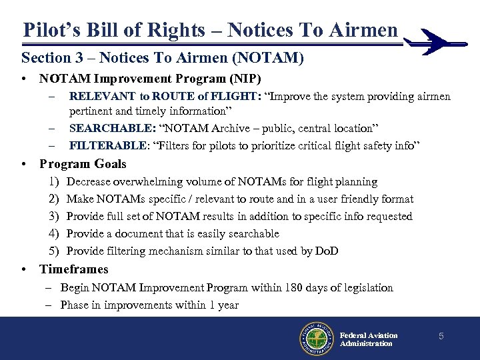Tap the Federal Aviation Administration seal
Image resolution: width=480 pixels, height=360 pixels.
pos(316,339)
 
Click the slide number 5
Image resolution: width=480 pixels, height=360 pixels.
pos(441,337)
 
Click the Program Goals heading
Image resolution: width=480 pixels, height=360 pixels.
pos(83,164)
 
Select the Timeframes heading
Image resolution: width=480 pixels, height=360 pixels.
pos(73,269)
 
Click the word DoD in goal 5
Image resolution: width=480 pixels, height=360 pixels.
pos(327,251)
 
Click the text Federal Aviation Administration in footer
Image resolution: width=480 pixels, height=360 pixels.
pos(368,339)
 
